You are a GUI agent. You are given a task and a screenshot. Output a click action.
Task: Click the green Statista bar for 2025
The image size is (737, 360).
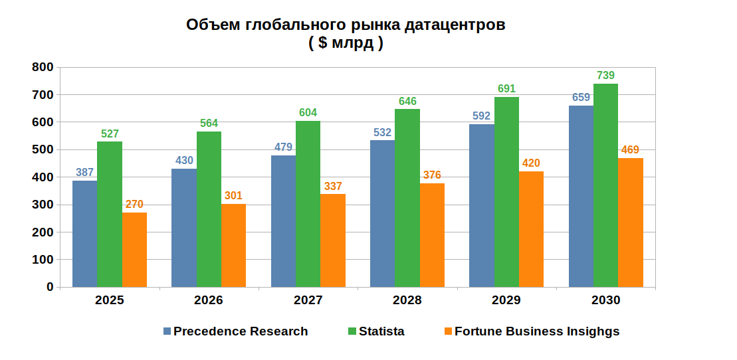pyautogui.click(x=110, y=214)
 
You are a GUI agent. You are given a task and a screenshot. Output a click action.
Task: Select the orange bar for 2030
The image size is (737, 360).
pyautogui.click(x=631, y=223)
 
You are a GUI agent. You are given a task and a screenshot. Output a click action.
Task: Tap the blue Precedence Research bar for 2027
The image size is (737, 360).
pyautogui.click(x=283, y=221)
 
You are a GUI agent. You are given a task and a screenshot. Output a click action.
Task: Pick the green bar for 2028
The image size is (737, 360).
pyautogui.click(x=407, y=198)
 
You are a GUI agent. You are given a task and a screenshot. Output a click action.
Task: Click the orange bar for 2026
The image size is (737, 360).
pyautogui.click(x=233, y=245)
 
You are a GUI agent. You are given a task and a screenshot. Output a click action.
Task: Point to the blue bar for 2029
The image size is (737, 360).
pyautogui.click(x=482, y=205)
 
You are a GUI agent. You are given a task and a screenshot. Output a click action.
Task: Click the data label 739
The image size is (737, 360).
pyautogui.click(x=605, y=75)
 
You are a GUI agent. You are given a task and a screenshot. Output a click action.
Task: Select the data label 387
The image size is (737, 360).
pyautogui.click(x=84, y=173)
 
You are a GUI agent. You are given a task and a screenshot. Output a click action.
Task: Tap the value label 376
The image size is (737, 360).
pyautogui.click(x=431, y=175)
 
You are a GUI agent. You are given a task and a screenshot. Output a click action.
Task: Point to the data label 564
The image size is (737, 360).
pyautogui.click(x=208, y=123)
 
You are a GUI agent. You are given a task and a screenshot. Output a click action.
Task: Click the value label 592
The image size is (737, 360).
pyautogui.click(x=481, y=116)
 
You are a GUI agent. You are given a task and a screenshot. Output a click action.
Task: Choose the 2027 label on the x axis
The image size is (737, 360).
pyautogui.click(x=308, y=300)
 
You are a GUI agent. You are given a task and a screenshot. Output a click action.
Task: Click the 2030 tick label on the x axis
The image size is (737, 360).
pyautogui.click(x=605, y=300)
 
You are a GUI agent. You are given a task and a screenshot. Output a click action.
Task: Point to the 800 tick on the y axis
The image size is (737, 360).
pyautogui.click(x=43, y=67)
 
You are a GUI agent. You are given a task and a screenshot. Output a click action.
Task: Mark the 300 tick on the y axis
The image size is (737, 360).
pyautogui.click(x=43, y=205)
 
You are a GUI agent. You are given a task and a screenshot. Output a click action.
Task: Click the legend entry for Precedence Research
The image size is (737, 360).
pyautogui.click(x=240, y=331)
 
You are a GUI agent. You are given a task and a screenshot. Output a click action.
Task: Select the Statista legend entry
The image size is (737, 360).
pyautogui.click(x=381, y=331)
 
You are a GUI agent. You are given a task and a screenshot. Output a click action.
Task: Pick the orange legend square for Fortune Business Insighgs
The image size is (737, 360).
pyautogui.click(x=448, y=331)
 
